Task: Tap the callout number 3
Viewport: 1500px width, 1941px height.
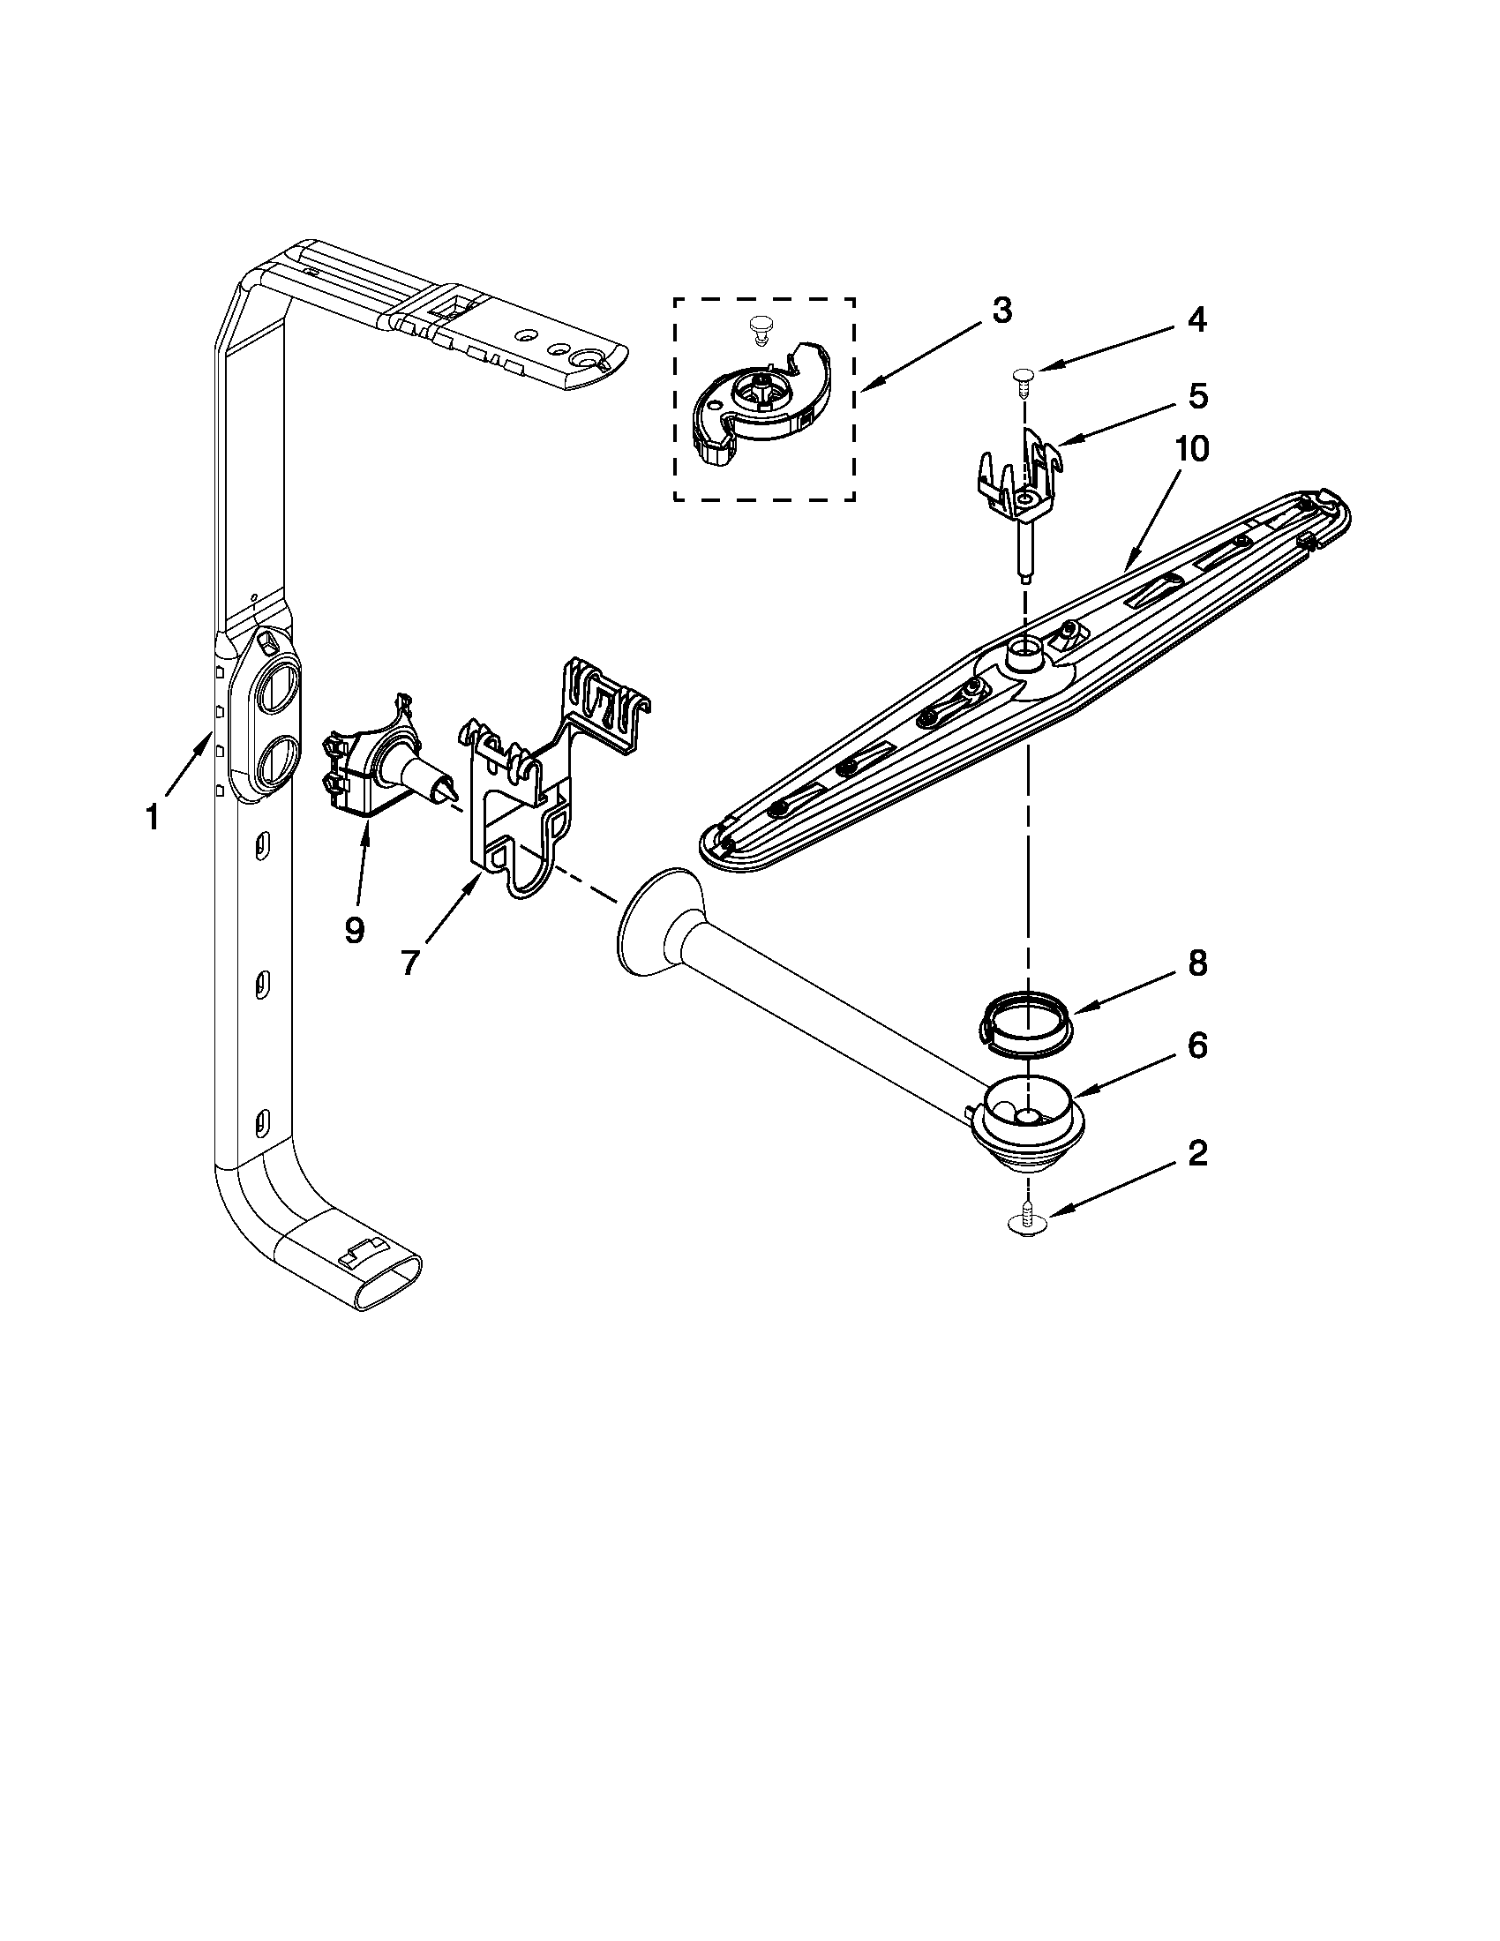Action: [1001, 311]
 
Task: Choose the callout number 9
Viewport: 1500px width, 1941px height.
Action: [354, 930]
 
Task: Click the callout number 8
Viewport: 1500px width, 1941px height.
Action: [1197, 963]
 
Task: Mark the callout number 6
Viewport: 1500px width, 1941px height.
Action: [1197, 1046]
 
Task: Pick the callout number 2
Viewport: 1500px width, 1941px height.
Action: [1197, 1154]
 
